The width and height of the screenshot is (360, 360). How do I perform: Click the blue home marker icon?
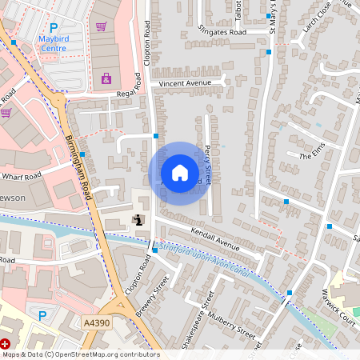click(180, 173)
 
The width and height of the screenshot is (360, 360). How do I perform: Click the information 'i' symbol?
click(138, 220)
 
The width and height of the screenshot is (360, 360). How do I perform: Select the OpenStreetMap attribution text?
click(80, 354)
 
